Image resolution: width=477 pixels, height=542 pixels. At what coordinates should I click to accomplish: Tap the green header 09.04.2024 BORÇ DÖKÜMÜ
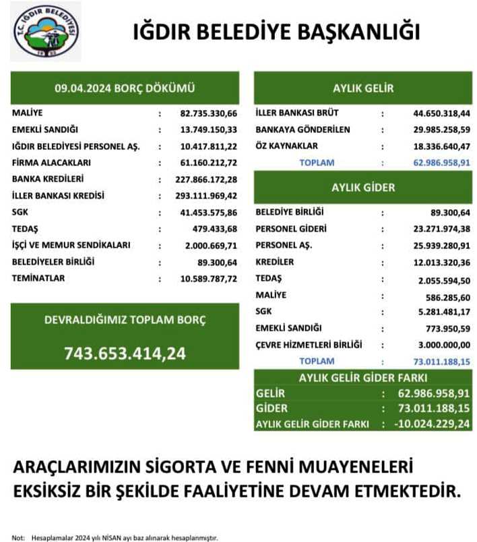(x=125, y=88)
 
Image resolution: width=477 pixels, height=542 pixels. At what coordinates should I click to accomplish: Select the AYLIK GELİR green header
(x=362, y=88)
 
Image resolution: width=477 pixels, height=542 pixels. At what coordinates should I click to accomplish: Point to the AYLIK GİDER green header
(x=362, y=187)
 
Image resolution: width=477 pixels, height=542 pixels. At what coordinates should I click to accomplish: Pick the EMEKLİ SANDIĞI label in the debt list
(x=45, y=129)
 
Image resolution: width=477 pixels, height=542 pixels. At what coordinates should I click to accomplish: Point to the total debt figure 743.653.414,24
(x=125, y=352)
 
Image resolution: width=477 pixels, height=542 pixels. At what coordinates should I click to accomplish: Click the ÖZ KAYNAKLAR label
(x=286, y=146)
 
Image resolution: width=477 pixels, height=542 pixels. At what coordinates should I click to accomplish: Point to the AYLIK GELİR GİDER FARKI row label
(x=312, y=424)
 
